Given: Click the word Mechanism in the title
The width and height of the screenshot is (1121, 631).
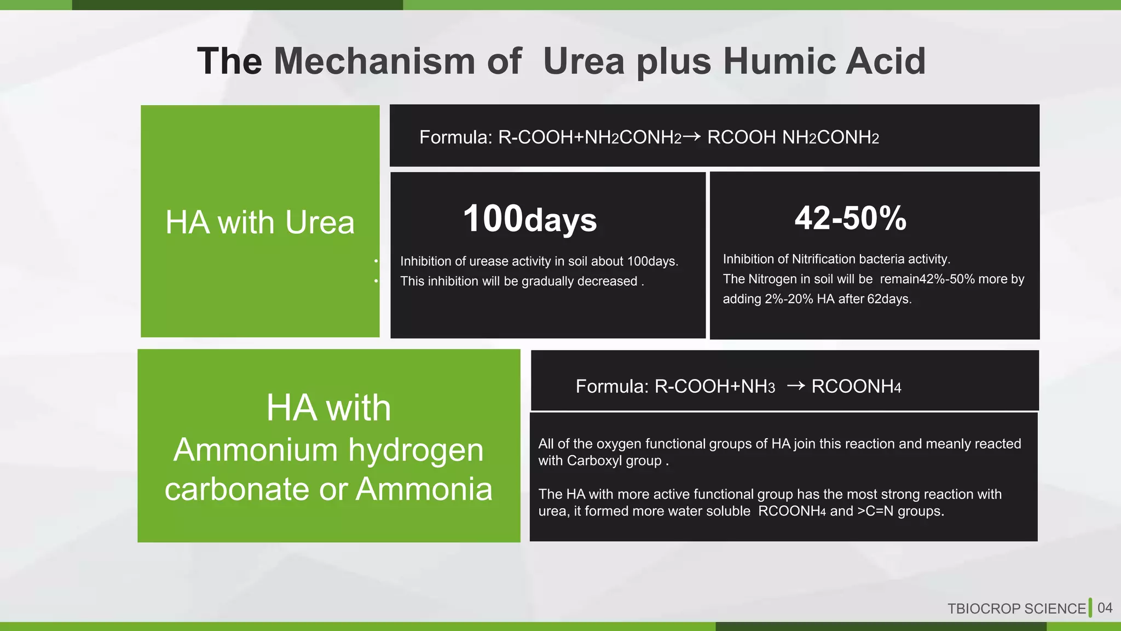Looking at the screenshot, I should tap(374, 61).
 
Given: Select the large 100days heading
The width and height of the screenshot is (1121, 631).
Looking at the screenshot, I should tap(529, 219).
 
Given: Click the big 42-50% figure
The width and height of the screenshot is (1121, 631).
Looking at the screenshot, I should tap(850, 218).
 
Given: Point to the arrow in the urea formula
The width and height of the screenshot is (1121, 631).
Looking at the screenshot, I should tap(692, 136).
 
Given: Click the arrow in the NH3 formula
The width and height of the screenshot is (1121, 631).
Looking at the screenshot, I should tap(795, 386).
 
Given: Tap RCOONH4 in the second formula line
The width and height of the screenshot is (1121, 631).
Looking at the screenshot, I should tap(856, 387).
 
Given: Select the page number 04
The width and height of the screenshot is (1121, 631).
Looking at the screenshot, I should tap(1105, 608).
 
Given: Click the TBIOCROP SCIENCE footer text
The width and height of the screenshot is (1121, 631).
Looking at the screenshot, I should tap(1016, 609).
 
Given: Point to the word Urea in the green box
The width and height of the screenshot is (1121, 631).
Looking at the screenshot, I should tap(320, 223).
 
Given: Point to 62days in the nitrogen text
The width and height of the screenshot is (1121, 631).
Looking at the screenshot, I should tap(889, 299).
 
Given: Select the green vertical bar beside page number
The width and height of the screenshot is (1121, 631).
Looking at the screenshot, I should tap(1090, 608).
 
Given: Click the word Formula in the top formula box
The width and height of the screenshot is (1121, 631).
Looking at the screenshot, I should tap(455, 137).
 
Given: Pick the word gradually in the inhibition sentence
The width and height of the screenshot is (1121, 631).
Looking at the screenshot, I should tap(547, 281).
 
